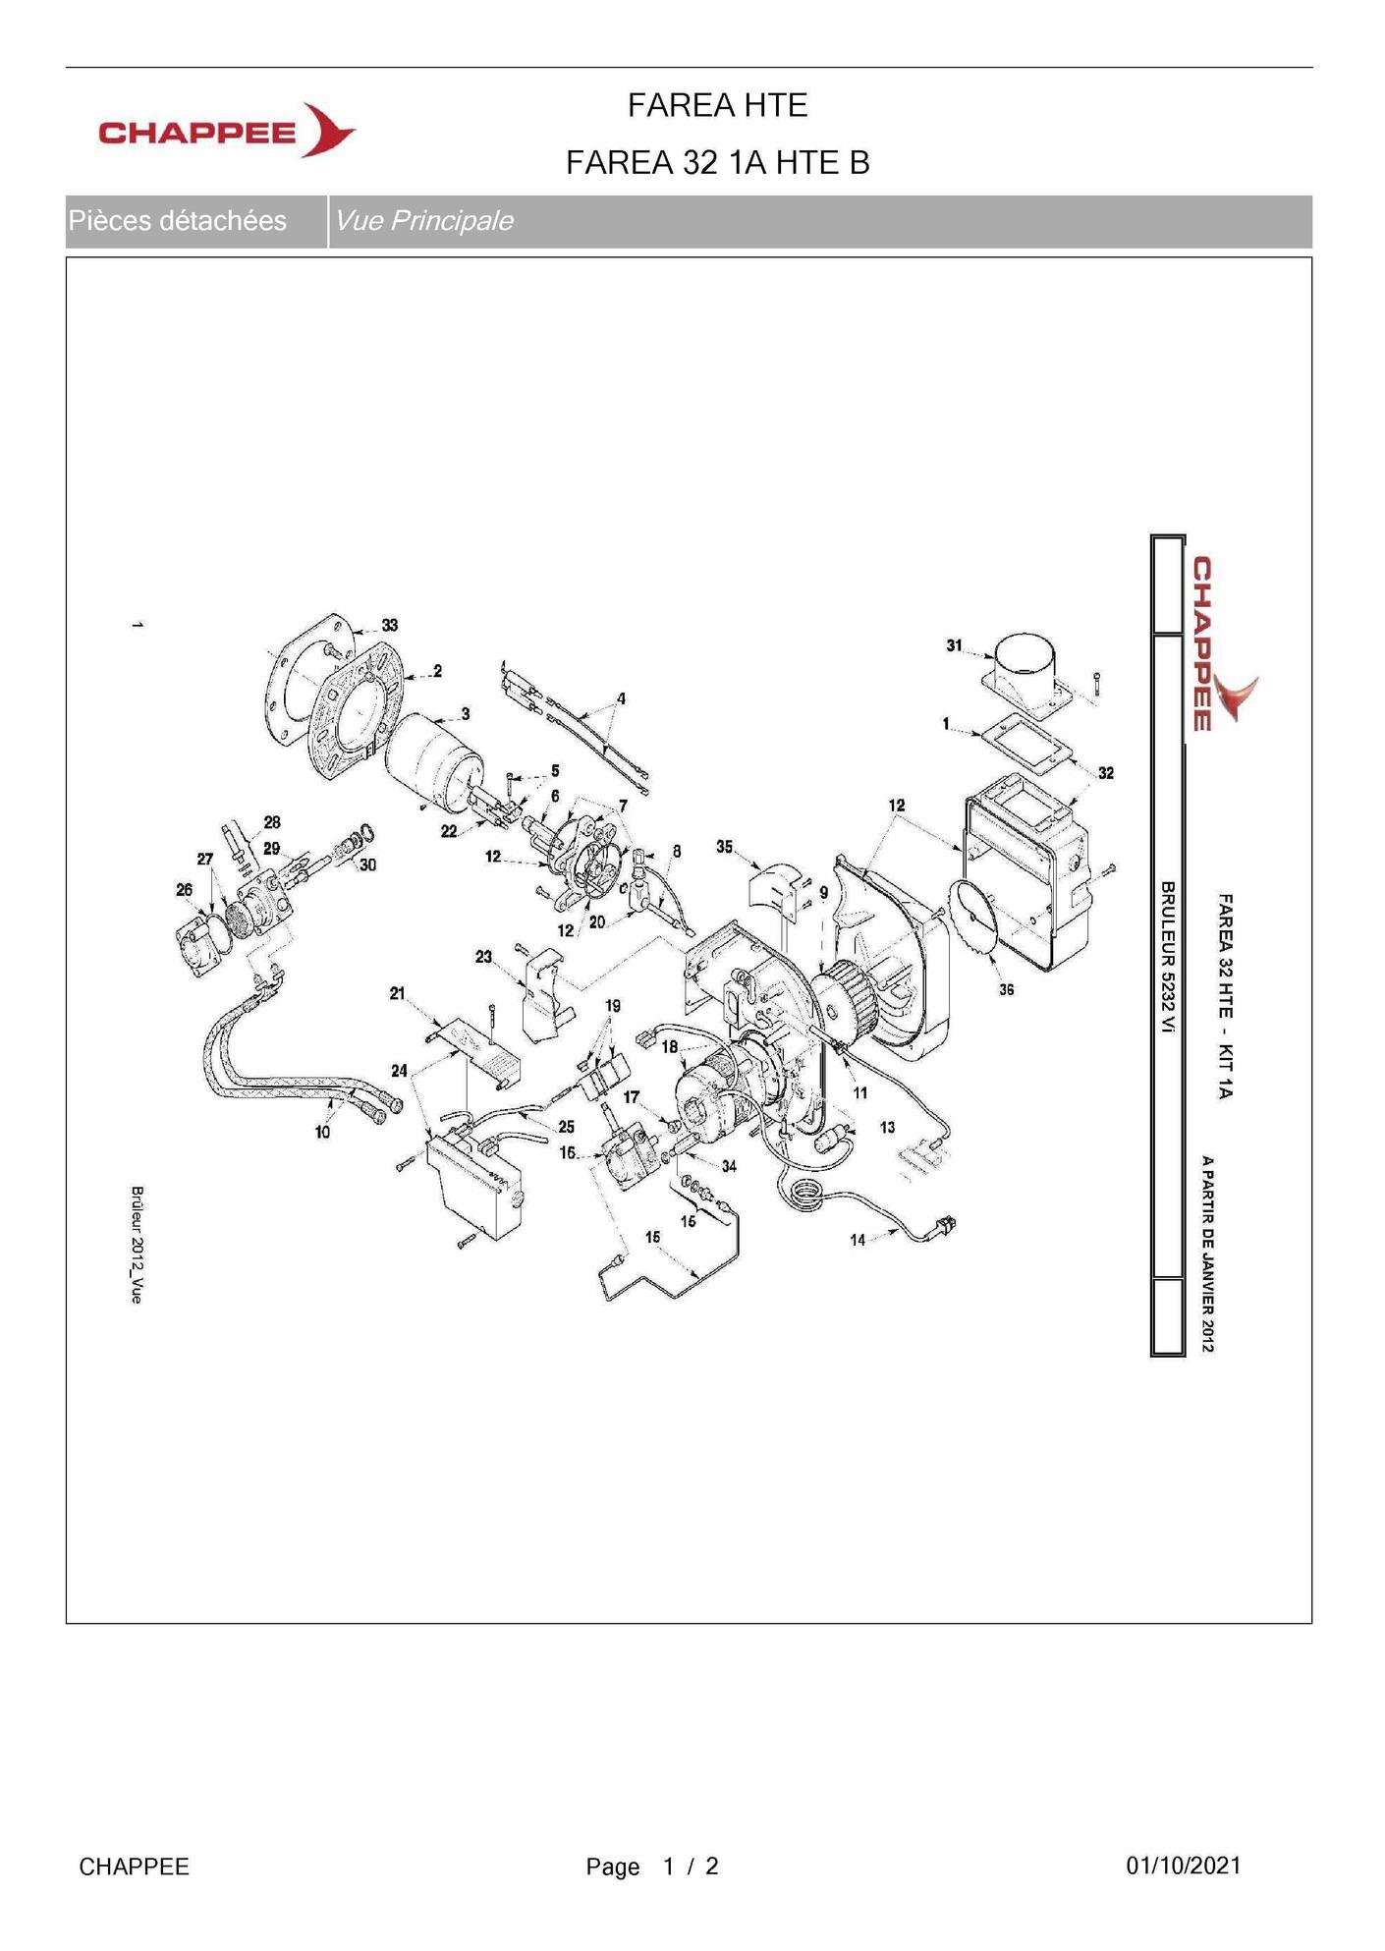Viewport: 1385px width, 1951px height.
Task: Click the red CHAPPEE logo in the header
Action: [x=227, y=131]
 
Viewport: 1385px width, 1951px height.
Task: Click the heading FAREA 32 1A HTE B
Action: [x=717, y=162]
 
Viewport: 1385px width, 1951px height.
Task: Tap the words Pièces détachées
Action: [x=178, y=220]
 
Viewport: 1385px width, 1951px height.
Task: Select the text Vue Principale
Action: [x=424, y=220]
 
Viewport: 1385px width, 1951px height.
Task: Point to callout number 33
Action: [x=390, y=625]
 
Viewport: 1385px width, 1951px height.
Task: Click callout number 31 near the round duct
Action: [x=954, y=645]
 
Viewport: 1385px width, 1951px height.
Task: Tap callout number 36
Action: [x=1007, y=989]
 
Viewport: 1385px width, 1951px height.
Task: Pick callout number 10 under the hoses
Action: [x=322, y=1132]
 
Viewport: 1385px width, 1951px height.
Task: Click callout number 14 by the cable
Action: [x=858, y=1240]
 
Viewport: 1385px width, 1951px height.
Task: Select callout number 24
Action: [x=399, y=1071]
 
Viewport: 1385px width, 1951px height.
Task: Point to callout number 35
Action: [x=724, y=847]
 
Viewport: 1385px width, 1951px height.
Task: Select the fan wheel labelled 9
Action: [x=846, y=993]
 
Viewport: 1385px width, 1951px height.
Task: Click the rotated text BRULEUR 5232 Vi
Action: [x=1168, y=957]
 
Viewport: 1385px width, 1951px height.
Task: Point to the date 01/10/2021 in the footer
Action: [x=1184, y=1866]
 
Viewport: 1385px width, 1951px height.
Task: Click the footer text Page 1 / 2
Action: [x=652, y=1867]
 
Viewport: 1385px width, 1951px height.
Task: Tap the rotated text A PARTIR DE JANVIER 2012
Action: [x=1207, y=1254]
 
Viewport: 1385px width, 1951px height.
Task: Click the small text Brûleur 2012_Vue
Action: [x=137, y=1245]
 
